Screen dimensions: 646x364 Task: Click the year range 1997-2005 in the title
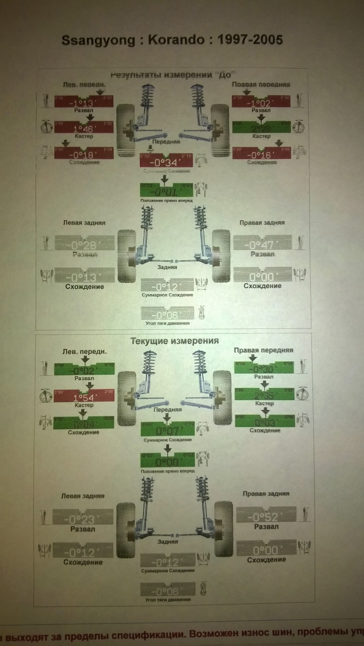click(250, 40)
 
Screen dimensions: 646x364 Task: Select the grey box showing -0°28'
click(84, 243)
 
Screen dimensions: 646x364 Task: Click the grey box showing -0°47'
click(262, 243)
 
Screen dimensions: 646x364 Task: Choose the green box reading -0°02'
click(84, 370)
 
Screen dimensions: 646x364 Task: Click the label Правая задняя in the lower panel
click(266, 494)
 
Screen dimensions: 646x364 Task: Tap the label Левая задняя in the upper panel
click(84, 223)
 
